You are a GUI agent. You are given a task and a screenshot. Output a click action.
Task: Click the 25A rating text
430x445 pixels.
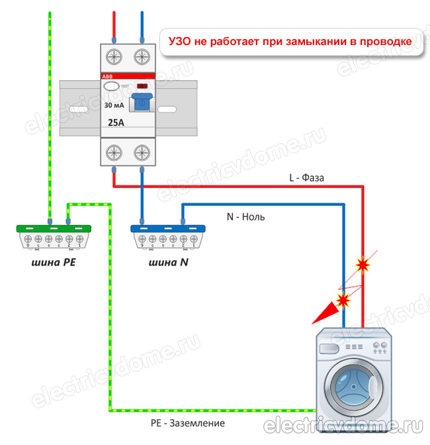[118, 123]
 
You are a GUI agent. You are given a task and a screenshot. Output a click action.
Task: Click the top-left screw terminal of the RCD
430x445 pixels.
[114, 54]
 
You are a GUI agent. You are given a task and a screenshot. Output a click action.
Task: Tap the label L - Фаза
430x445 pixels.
[306, 177]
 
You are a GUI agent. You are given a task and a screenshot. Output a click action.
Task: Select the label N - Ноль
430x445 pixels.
[245, 216]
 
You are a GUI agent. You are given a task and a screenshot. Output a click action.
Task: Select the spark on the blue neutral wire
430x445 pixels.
[343, 301]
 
